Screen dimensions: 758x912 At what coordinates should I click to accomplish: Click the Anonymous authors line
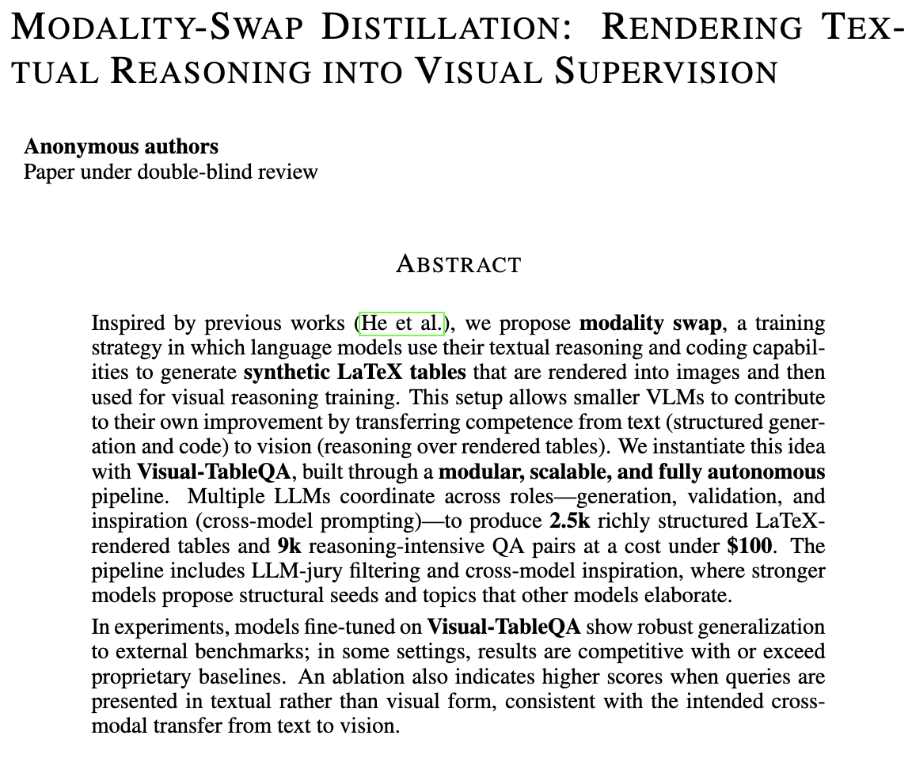pyautogui.click(x=121, y=146)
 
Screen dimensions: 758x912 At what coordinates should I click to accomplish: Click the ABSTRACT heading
pyautogui.click(x=458, y=263)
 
